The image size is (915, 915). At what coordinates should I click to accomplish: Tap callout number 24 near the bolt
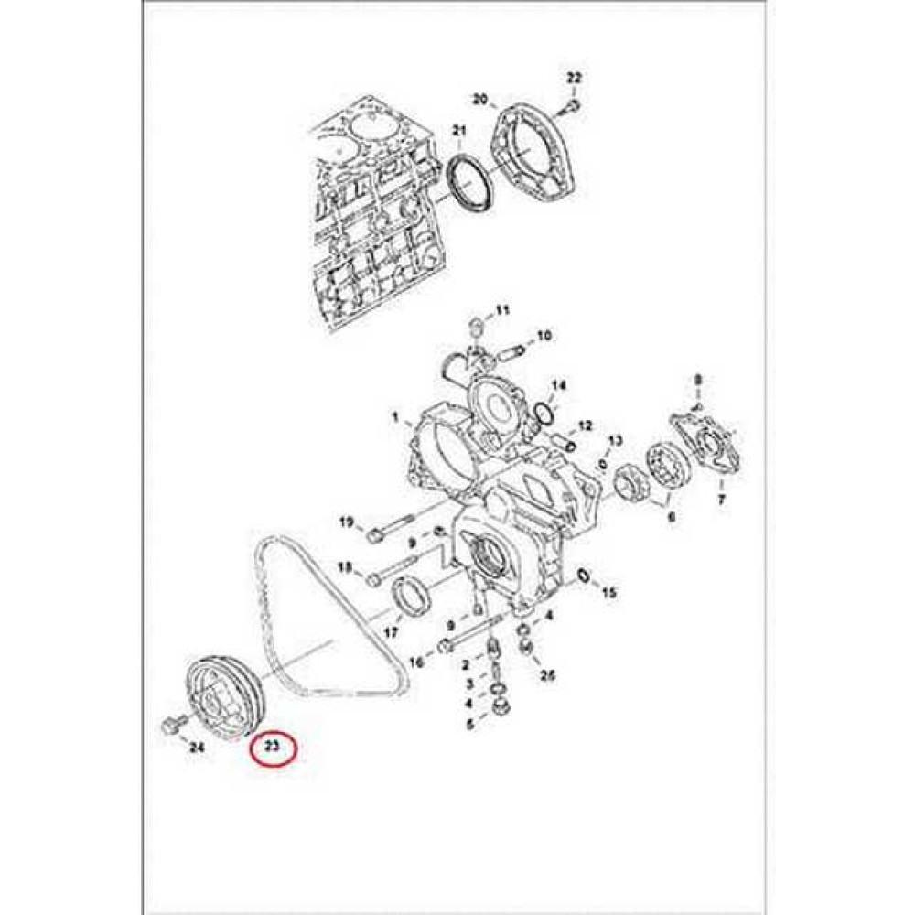(x=197, y=747)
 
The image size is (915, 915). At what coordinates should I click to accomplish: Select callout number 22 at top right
(x=575, y=78)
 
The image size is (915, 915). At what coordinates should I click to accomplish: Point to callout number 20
(x=479, y=99)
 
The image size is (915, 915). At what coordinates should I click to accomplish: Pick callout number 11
(x=502, y=309)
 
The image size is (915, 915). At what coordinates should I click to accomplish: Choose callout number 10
(x=544, y=336)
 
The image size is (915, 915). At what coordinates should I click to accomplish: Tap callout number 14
(x=559, y=386)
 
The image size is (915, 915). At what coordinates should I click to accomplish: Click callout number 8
(x=698, y=380)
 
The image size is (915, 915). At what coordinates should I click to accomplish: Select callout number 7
(x=721, y=500)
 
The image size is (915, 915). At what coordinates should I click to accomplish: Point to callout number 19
(x=347, y=522)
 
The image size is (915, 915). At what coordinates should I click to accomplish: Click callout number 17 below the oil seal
(x=391, y=632)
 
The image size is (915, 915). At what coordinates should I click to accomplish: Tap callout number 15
(x=608, y=593)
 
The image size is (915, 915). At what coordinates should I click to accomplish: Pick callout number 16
(x=416, y=662)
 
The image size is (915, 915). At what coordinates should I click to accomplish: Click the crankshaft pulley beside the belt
(x=225, y=697)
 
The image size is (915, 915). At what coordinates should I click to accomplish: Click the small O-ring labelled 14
(x=544, y=413)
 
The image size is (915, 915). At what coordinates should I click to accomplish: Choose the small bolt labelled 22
(x=573, y=107)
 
